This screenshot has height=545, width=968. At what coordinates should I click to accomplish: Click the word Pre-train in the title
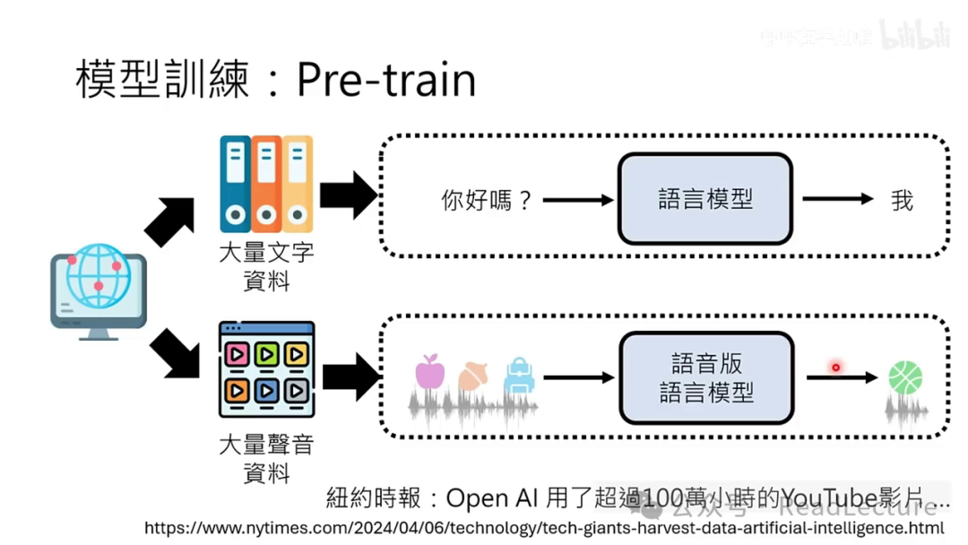tap(385, 79)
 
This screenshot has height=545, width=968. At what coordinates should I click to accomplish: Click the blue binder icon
tap(235, 184)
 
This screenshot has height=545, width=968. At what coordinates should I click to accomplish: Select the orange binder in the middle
tap(266, 184)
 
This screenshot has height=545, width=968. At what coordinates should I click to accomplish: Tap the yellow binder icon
tap(297, 184)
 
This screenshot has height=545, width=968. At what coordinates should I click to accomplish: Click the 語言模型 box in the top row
tap(705, 199)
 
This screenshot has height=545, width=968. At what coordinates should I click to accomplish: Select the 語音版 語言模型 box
tap(706, 377)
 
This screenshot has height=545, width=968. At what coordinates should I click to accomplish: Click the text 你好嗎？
tap(488, 200)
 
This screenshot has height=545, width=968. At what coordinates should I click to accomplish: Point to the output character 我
tap(902, 200)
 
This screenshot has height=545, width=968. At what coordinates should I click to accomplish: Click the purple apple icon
tap(430, 371)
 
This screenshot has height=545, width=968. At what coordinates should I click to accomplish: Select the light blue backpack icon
tap(519, 376)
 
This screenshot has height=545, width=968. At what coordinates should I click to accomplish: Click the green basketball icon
tap(905, 377)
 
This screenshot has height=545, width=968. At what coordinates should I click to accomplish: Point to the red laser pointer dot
tap(835, 367)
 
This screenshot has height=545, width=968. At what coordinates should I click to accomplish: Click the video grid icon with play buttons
tap(266, 369)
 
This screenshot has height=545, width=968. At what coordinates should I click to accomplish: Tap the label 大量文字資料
tap(266, 266)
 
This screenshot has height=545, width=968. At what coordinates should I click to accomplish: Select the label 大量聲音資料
tap(266, 457)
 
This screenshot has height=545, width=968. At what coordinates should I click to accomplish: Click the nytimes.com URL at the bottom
tap(544, 528)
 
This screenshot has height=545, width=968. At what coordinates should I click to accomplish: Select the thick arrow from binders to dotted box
tap(348, 195)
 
